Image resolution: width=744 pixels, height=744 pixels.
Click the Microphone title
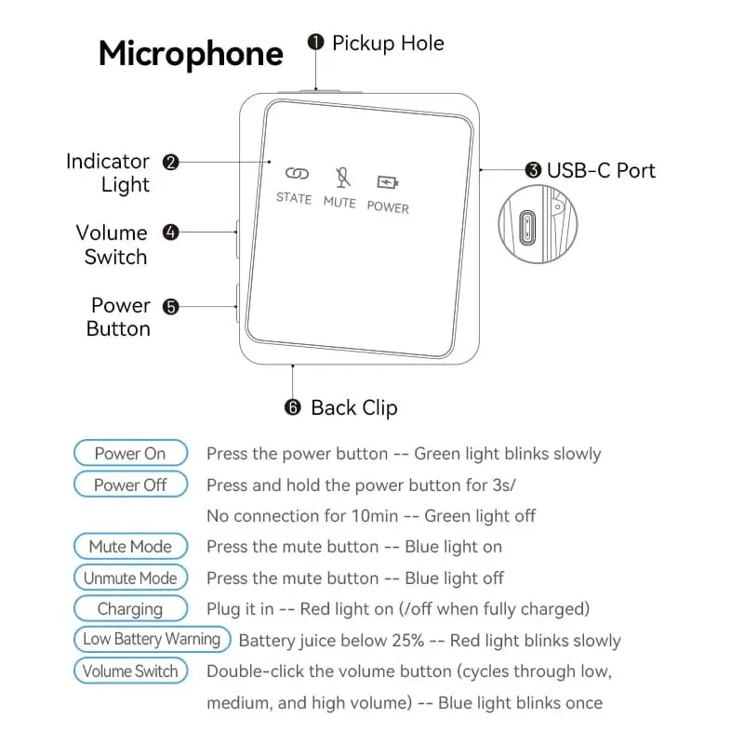tap(191, 53)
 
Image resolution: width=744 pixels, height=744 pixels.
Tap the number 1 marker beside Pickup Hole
tap(316, 43)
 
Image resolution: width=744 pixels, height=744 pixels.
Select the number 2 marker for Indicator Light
tap(170, 162)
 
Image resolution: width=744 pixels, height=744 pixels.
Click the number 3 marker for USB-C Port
tap(533, 170)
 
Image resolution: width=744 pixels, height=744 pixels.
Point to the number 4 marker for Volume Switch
tap(170, 232)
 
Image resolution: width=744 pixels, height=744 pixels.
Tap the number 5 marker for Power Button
tap(170, 306)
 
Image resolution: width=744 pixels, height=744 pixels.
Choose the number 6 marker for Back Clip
tap(293, 407)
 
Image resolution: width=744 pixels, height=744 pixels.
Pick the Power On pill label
tap(130, 454)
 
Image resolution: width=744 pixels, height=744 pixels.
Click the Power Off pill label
tap(130, 485)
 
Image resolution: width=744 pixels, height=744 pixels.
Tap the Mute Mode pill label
tap(130, 546)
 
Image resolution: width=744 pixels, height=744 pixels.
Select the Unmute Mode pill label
tap(130, 578)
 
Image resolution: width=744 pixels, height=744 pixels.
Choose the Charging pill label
tap(130, 609)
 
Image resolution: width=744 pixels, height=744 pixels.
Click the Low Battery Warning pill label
tap(152, 639)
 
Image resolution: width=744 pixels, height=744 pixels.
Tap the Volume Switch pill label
tap(130, 671)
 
